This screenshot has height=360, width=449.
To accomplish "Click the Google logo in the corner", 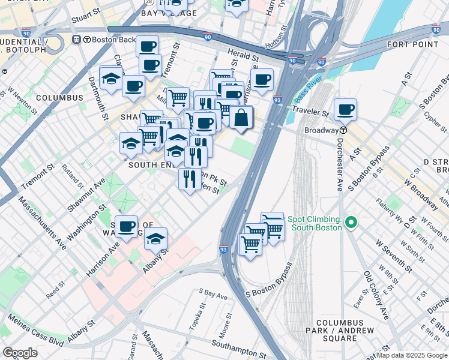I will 19,353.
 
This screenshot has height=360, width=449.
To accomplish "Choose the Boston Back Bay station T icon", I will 77,40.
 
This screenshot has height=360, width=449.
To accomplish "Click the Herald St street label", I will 243,55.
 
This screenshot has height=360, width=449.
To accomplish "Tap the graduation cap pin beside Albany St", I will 155,239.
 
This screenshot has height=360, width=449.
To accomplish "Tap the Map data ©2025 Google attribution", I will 412,355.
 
